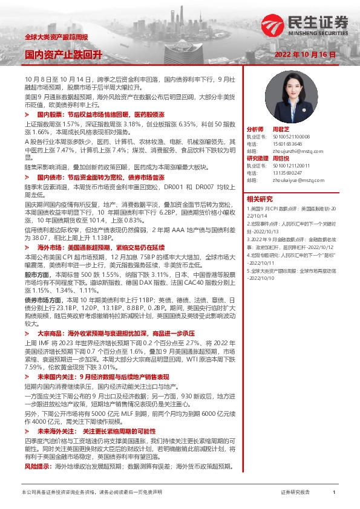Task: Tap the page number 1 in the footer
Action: click(333, 493)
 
